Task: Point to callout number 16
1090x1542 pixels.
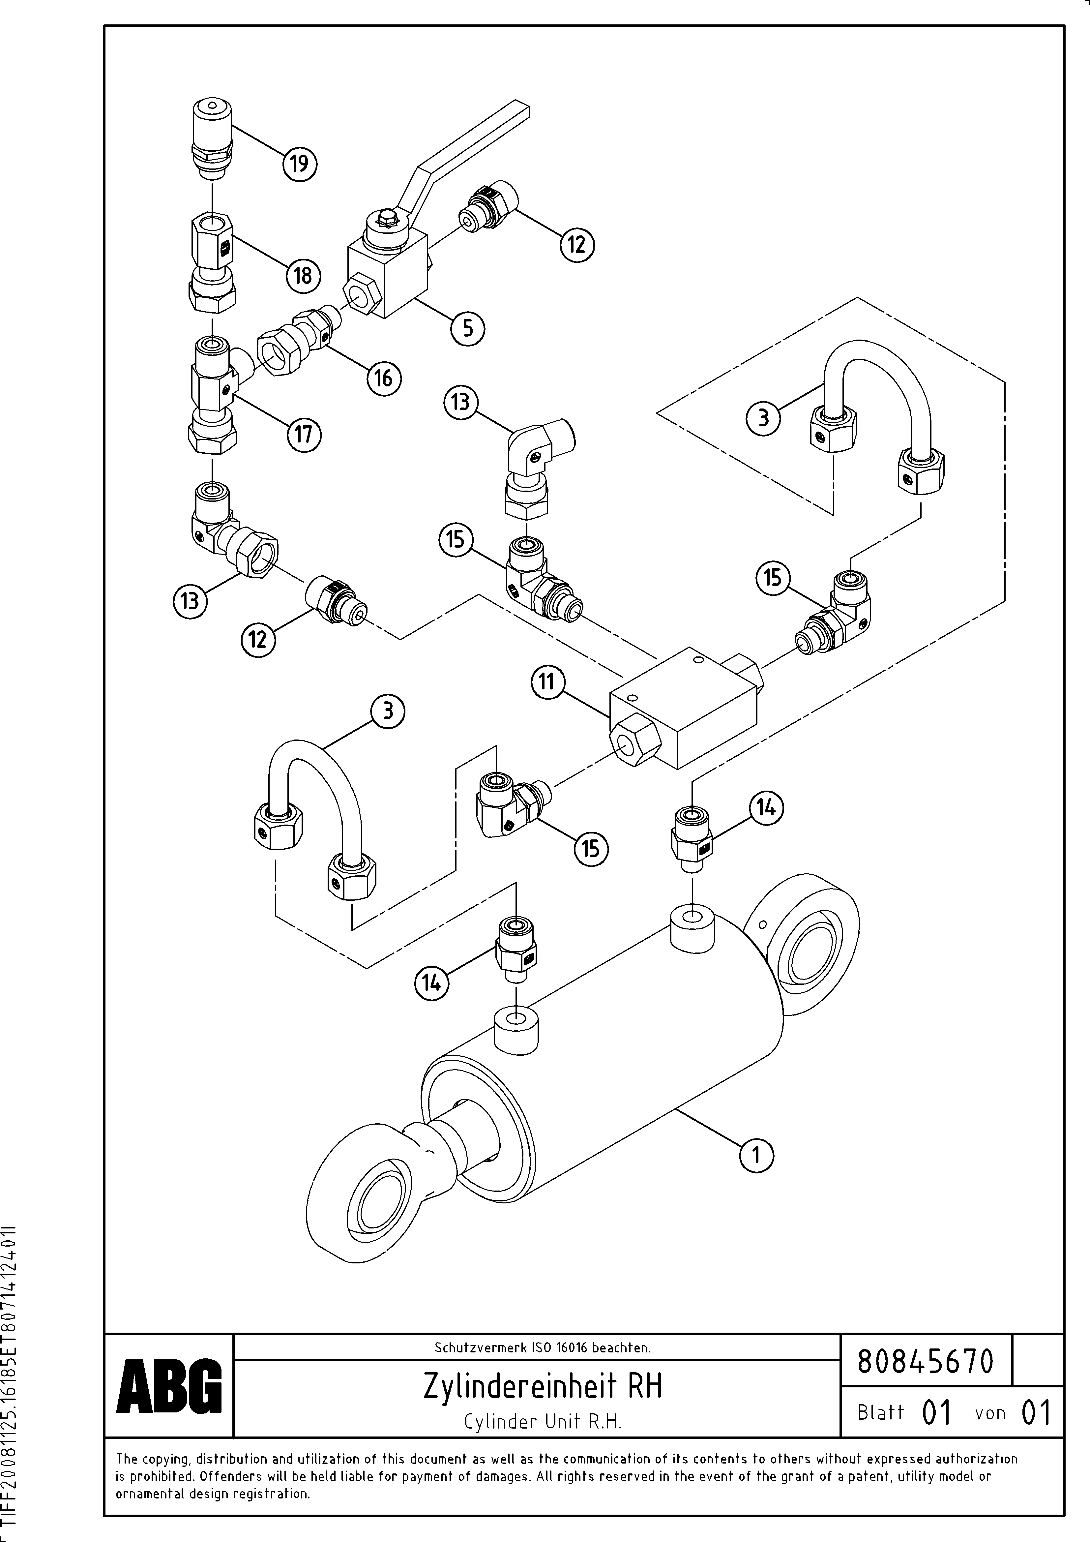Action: (x=383, y=379)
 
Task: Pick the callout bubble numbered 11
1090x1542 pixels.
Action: (x=547, y=682)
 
